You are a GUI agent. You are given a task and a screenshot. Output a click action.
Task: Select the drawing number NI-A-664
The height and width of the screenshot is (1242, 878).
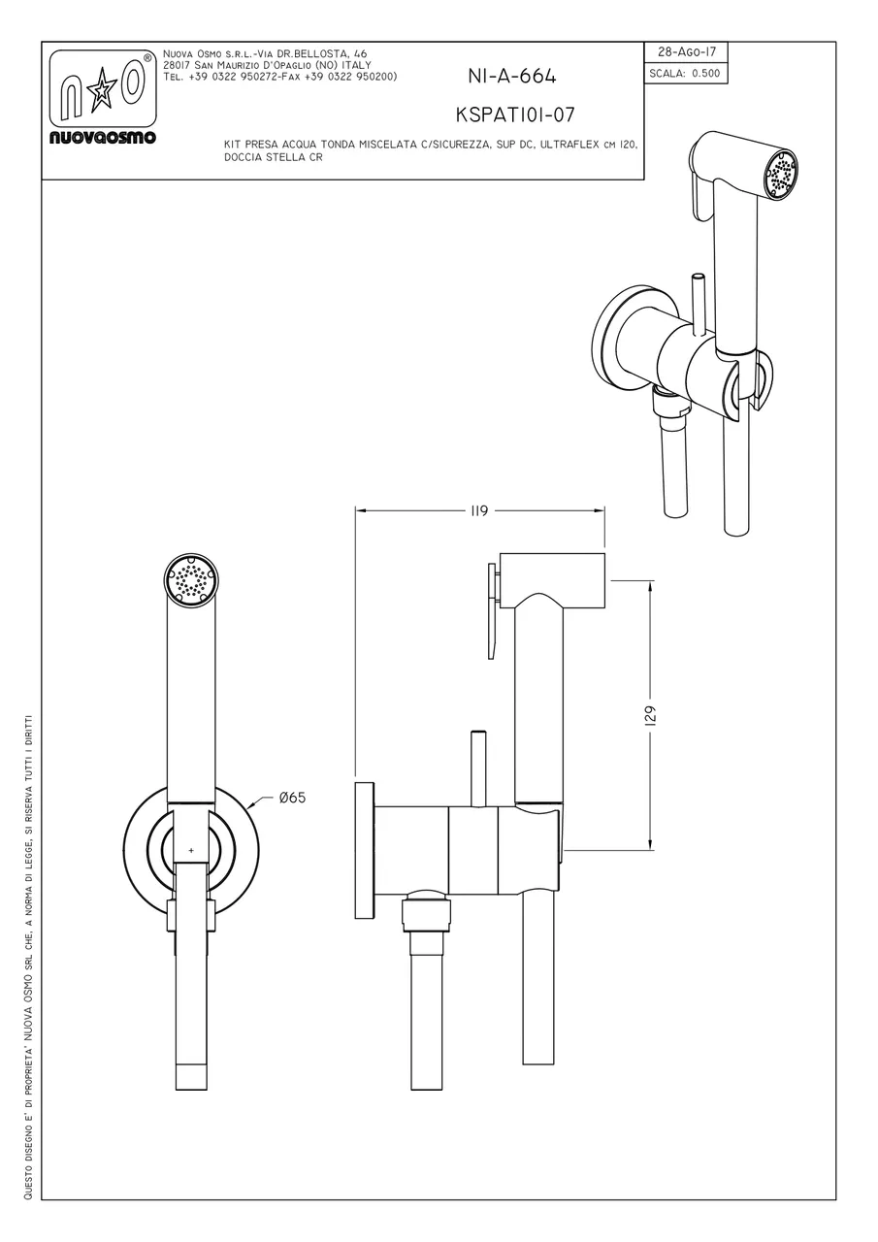[511, 77]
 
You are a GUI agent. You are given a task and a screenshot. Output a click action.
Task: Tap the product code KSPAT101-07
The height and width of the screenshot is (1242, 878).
[515, 114]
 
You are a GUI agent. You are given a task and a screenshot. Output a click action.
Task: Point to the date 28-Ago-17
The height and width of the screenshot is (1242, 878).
[687, 52]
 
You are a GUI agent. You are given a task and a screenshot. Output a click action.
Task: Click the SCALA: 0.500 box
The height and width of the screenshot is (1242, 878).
[685, 73]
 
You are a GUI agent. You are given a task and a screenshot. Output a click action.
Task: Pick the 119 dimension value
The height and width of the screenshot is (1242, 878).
[478, 510]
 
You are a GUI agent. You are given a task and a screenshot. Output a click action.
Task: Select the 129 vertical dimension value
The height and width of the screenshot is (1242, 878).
[651, 715]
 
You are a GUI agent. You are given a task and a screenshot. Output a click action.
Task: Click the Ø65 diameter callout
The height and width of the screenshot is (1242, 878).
[292, 798]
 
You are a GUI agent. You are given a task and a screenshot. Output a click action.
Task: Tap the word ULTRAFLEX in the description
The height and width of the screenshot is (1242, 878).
[578, 145]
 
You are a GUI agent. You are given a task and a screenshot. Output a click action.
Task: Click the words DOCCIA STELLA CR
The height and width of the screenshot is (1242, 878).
[273, 157]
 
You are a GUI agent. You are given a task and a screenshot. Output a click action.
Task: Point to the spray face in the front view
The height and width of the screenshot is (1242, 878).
[191, 580]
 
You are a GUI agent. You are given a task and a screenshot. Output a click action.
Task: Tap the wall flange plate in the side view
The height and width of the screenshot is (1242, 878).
[364, 850]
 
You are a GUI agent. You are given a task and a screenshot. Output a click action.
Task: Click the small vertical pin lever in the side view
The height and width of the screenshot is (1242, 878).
[477, 768]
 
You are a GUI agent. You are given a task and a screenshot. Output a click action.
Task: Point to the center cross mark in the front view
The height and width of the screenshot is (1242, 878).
[191, 850]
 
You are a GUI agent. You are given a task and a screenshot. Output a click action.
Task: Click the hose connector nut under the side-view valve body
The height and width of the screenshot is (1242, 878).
[427, 916]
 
